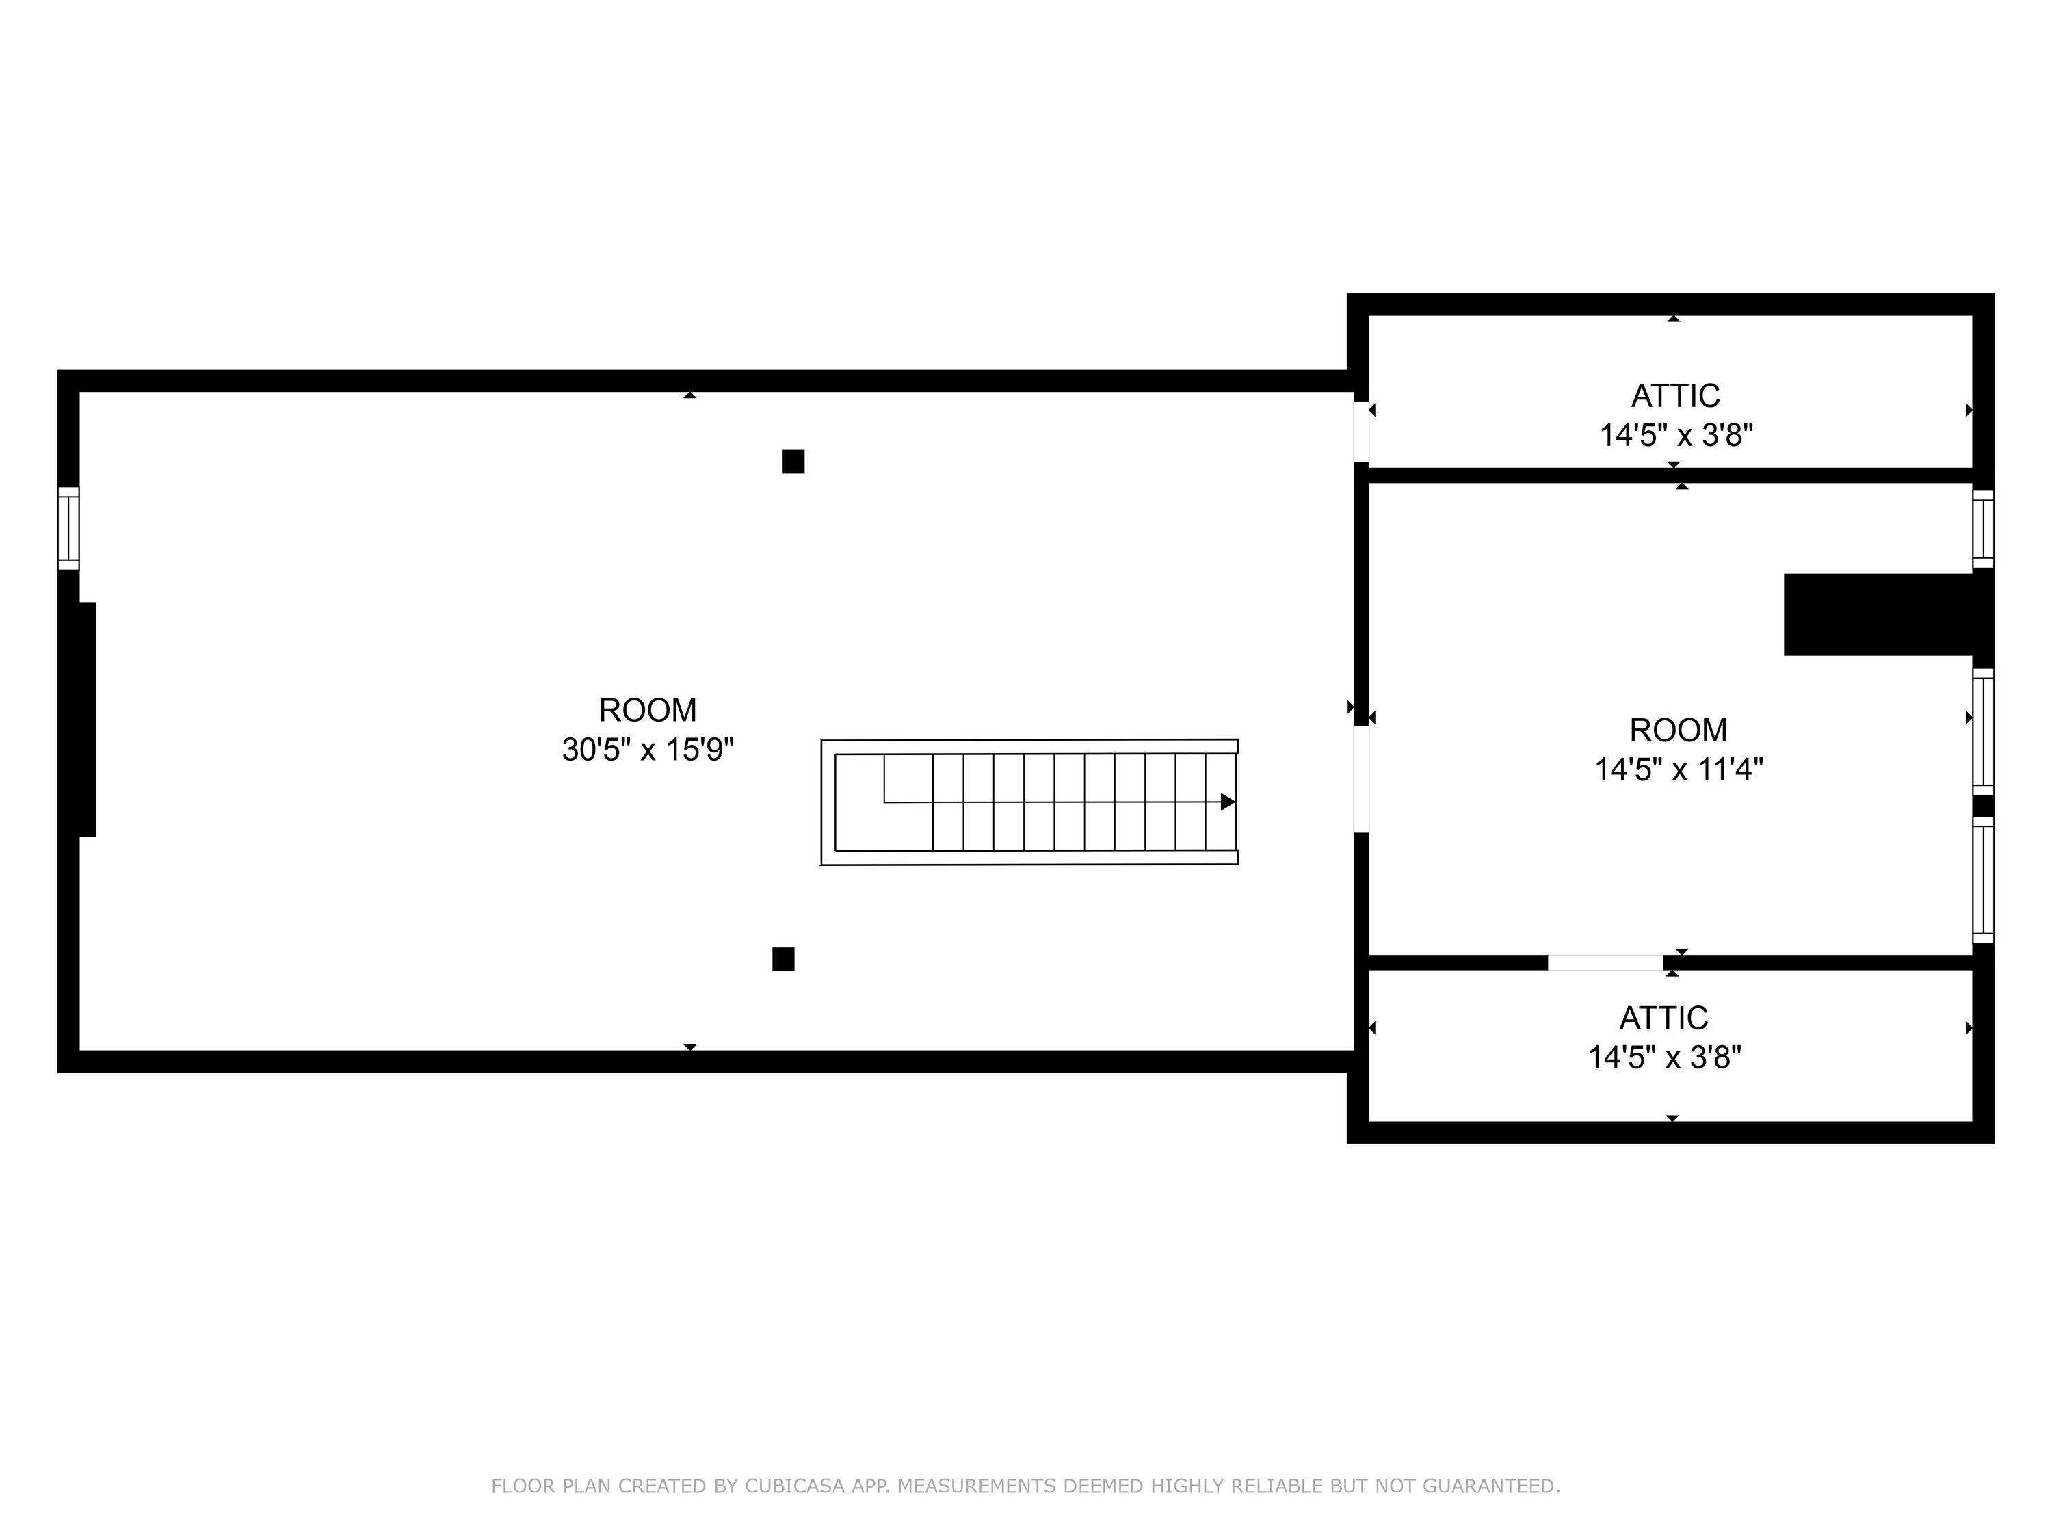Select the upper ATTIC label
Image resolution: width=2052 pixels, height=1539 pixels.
pyautogui.click(x=1675, y=396)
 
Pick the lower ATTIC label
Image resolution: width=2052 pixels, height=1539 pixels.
pyautogui.click(x=1663, y=1018)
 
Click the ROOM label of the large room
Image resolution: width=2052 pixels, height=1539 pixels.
pyautogui.click(x=648, y=711)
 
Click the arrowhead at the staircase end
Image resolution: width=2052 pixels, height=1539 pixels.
pyautogui.click(x=1227, y=802)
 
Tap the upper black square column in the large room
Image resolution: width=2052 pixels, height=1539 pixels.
pyautogui.click(x=793, y=462)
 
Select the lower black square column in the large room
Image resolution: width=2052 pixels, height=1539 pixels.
pyautogui.click(x=783, y=959)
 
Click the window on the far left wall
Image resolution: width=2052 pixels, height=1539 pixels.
pyautogui.click(x=68, y=528)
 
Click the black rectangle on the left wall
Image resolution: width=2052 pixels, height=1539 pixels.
pyautogui.click(x=86, y=719)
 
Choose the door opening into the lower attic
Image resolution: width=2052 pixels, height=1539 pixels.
pyautogui.click(x=1605, y=962)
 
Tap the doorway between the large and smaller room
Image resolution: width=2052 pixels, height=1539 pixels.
pyautogui.click(x=1361, y=779)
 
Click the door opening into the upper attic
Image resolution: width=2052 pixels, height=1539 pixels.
pyautogui.click(x=1361, y=430)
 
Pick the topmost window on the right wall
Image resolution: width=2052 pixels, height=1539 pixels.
pyautogui.click(x=1982, y=529)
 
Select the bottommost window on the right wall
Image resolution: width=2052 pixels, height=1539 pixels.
pyautogui.click(x=1982, y=880)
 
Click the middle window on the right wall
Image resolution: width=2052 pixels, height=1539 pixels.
pyautogui.click(x=1982, y=732)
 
